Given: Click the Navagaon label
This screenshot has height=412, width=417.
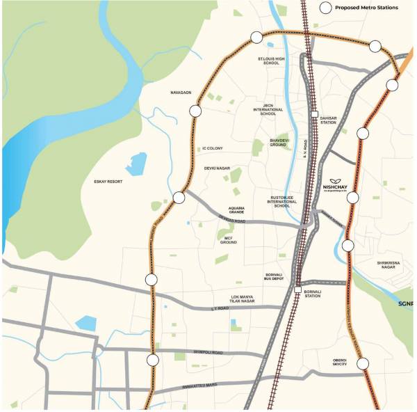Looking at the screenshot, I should [x=180, y=92].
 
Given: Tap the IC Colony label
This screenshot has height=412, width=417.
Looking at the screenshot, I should [x=212, y=148].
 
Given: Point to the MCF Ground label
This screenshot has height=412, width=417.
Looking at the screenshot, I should [x=229, y=239].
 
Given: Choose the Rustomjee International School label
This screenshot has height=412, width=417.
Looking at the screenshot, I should [x=282, y=202].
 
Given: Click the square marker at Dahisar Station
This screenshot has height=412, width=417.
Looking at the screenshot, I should [x=314, y=114].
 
